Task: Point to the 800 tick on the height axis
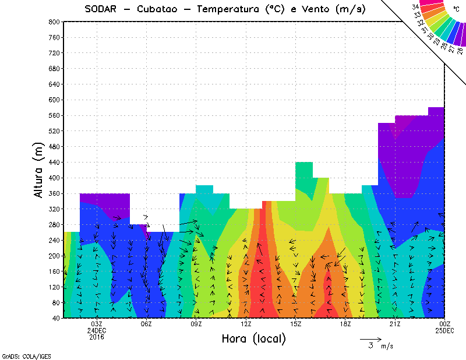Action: tap(54, 22)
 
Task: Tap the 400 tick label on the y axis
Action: tap(54, 178)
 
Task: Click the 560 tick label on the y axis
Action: tap(54, 115)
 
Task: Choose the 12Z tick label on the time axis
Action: tap(246, 324)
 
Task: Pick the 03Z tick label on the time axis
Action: tap(97, 324)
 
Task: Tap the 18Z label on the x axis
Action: tap(345, 324)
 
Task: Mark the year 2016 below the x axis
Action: tap(97, 337)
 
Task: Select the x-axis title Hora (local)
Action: tap(253, 338)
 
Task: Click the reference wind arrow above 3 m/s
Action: tap(370, 338)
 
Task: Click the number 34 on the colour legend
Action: tap(415, 6)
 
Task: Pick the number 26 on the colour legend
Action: tap(460, 50)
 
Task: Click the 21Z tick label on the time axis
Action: tap(394, 324)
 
